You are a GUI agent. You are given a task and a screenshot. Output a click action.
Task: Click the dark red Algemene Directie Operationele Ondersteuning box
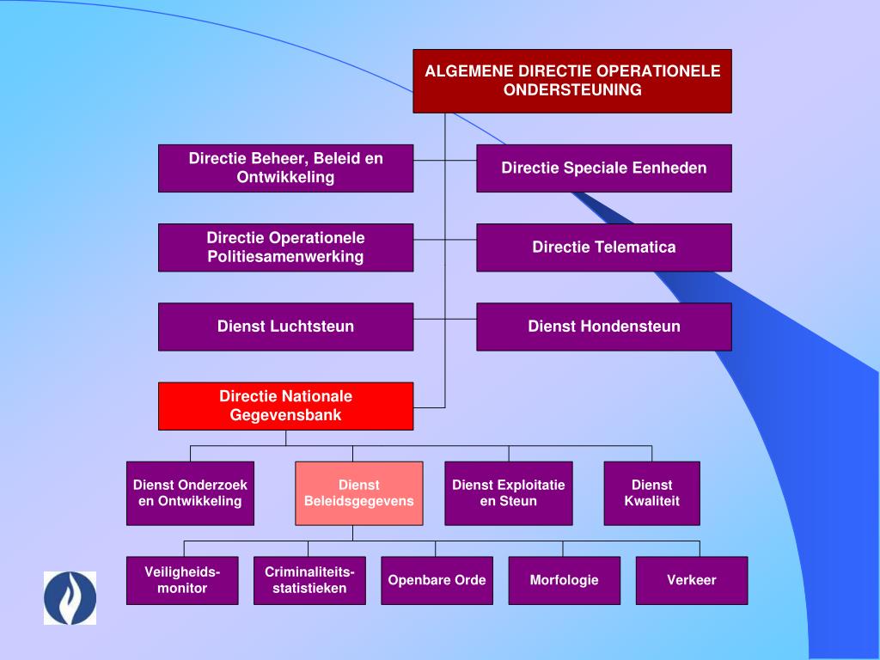tap(572, 81)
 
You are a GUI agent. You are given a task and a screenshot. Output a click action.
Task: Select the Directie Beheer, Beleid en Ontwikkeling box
tap(285, 168)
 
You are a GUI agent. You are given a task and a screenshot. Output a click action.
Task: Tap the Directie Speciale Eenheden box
tap(604, 168)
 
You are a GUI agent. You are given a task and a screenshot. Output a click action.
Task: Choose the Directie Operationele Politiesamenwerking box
tap(285, 247)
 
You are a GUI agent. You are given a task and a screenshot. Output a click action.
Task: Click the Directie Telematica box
tap(604, 247)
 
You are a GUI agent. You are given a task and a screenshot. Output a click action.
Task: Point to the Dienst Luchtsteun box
tap(285, 327)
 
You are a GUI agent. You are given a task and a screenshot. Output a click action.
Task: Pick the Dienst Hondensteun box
tap(604, 327)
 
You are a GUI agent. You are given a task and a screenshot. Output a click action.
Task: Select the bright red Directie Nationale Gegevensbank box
tap(285, 406)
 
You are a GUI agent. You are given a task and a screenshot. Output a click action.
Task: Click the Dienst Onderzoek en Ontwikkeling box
tap(190, 493)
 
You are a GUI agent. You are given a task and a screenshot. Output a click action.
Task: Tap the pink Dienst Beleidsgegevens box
tap(359, 493)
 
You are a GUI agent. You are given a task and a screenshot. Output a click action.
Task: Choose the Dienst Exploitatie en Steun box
tap(509, 493)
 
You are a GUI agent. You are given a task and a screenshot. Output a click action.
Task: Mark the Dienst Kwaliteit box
tap(651, 493)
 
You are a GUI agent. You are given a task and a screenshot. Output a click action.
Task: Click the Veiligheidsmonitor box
tap(182, 580)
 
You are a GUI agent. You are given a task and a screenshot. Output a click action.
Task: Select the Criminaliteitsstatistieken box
tap(309, 580)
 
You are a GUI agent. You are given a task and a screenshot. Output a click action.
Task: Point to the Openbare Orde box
tap(437, 580)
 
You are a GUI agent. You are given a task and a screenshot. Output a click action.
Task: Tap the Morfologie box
tap(564, 580)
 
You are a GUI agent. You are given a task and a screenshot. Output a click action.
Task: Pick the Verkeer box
tap(691, 580)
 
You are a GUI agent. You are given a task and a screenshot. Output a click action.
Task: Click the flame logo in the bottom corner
tap(70, 598)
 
